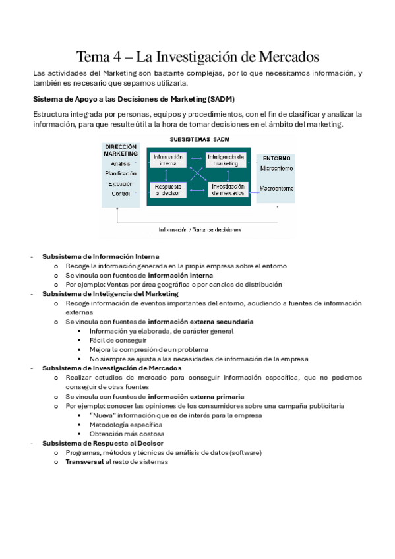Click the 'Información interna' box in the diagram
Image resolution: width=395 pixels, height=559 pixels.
pyautogui.click(x=167, y=161)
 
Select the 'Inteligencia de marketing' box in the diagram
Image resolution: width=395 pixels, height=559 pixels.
pyautogui.click(x=226, y=161)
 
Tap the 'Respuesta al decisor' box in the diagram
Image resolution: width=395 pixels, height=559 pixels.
pyautogui.click(x=167, y=189)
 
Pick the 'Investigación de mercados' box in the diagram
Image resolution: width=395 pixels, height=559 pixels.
pyautogui.click(x=228, y=189)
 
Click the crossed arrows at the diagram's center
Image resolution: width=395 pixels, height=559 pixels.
pyautogui.click(x=197, y=175)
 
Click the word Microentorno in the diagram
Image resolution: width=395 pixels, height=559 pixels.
pyautogui.click(x=276, y=169)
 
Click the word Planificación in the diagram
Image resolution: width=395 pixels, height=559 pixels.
pyautogui.click(x=120, y=173)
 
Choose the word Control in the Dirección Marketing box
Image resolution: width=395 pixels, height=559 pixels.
pyautogui.click(x=120, y=194)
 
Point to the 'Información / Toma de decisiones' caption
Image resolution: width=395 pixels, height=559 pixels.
pyautogui.click(x=199, y=230)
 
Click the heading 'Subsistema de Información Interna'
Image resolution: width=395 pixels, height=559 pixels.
pyautogui.click(x=100, y=257)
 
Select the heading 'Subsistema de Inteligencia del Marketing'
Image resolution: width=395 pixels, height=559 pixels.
pyautogui.click(x=110, y=294)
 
